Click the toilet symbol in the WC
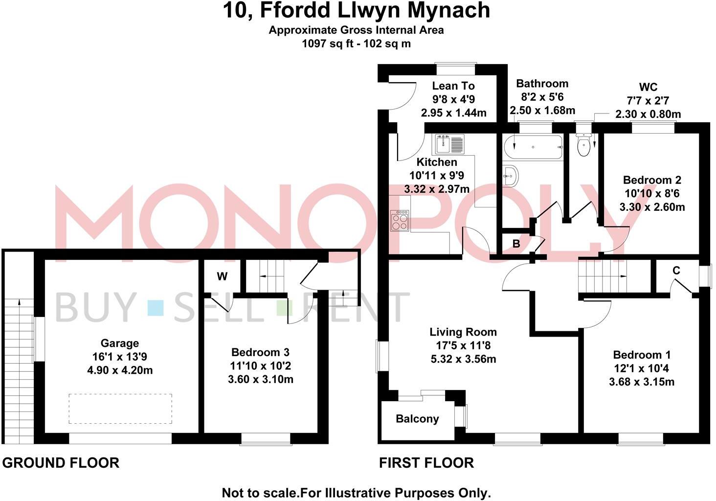coord(583,145)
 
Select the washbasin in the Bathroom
coord(510,175)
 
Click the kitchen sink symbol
coord(449,144)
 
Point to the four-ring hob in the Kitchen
coord(400,221)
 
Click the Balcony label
coord(417,419)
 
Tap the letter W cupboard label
coord(222,276)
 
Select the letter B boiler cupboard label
coord(516,244)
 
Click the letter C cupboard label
coord(676,271)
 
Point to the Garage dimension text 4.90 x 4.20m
coord(120,370)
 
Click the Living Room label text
coord(463,333)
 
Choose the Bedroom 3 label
coord(260,352)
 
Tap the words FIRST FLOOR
coord(426,463)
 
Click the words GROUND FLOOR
coord(61,463)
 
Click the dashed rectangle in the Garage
coord(120,409)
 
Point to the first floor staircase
coord(602,276)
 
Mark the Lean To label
coord(453,86)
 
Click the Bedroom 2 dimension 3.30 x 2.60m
coord(652,207)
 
